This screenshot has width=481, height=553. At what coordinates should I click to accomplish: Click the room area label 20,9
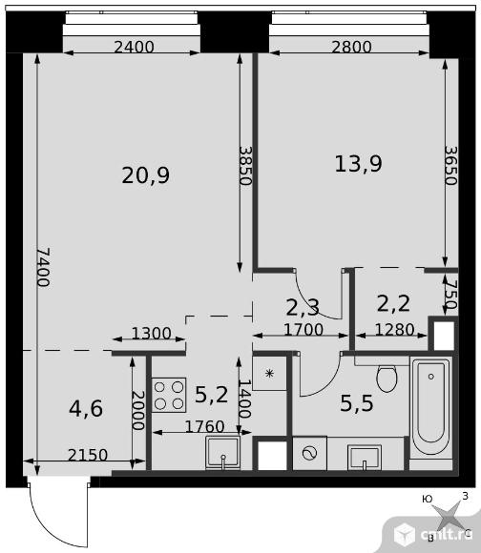pos(146,175)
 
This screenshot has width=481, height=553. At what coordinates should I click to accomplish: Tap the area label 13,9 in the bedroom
pos(358,164)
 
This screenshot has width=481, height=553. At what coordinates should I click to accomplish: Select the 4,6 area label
pos(86,408)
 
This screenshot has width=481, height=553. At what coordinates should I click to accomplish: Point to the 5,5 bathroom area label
pos(356,403)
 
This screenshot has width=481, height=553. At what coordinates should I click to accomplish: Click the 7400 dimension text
pos(43,267)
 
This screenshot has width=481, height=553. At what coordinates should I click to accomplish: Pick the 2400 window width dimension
pos(135,47)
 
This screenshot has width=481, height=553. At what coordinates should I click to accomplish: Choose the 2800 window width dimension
pos(351,47)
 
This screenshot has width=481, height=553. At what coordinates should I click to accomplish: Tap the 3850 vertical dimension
pos(245,166)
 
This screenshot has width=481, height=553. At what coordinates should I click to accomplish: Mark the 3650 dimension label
pos(451,166)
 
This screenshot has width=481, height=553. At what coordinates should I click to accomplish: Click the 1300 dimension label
pos(151,334)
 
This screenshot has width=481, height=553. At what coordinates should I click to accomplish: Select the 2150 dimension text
pos(88,456)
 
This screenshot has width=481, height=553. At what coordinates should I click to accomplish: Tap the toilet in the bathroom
pos(387,379)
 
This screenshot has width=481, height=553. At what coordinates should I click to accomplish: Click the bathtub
pos(431,408)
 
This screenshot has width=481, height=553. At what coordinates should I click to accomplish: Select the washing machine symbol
pos(309,453)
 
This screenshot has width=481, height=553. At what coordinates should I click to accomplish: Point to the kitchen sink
pos(222,453)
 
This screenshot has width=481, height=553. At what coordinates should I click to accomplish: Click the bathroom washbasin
pos(365,458)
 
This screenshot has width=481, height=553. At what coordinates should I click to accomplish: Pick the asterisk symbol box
pos(270,373)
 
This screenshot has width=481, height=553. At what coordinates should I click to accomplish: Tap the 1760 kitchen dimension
pos(204,427)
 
